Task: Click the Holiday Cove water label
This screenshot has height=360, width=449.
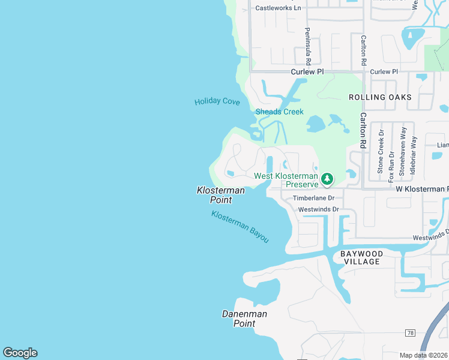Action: (217, 101)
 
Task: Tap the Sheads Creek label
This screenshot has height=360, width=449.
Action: (279, 112)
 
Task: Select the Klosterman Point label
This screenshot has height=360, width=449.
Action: (221, 195)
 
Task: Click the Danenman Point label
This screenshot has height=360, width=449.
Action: (244, 319)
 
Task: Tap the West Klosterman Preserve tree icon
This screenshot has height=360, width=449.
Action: (327, 179)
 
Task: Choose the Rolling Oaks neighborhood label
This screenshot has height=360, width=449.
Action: (381, 97)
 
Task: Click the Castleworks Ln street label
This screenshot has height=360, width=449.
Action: (278, 8)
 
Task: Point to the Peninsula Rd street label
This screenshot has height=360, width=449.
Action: (307, 46)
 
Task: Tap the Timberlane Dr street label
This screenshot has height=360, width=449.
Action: (313, 198)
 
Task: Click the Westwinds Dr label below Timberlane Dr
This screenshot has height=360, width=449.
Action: (318, 209)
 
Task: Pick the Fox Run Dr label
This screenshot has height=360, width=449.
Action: (391, 164)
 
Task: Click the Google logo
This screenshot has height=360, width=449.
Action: (20, 353)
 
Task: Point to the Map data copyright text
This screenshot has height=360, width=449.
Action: (424, 355)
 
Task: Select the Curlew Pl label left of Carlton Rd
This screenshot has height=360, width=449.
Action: (307, 71)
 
